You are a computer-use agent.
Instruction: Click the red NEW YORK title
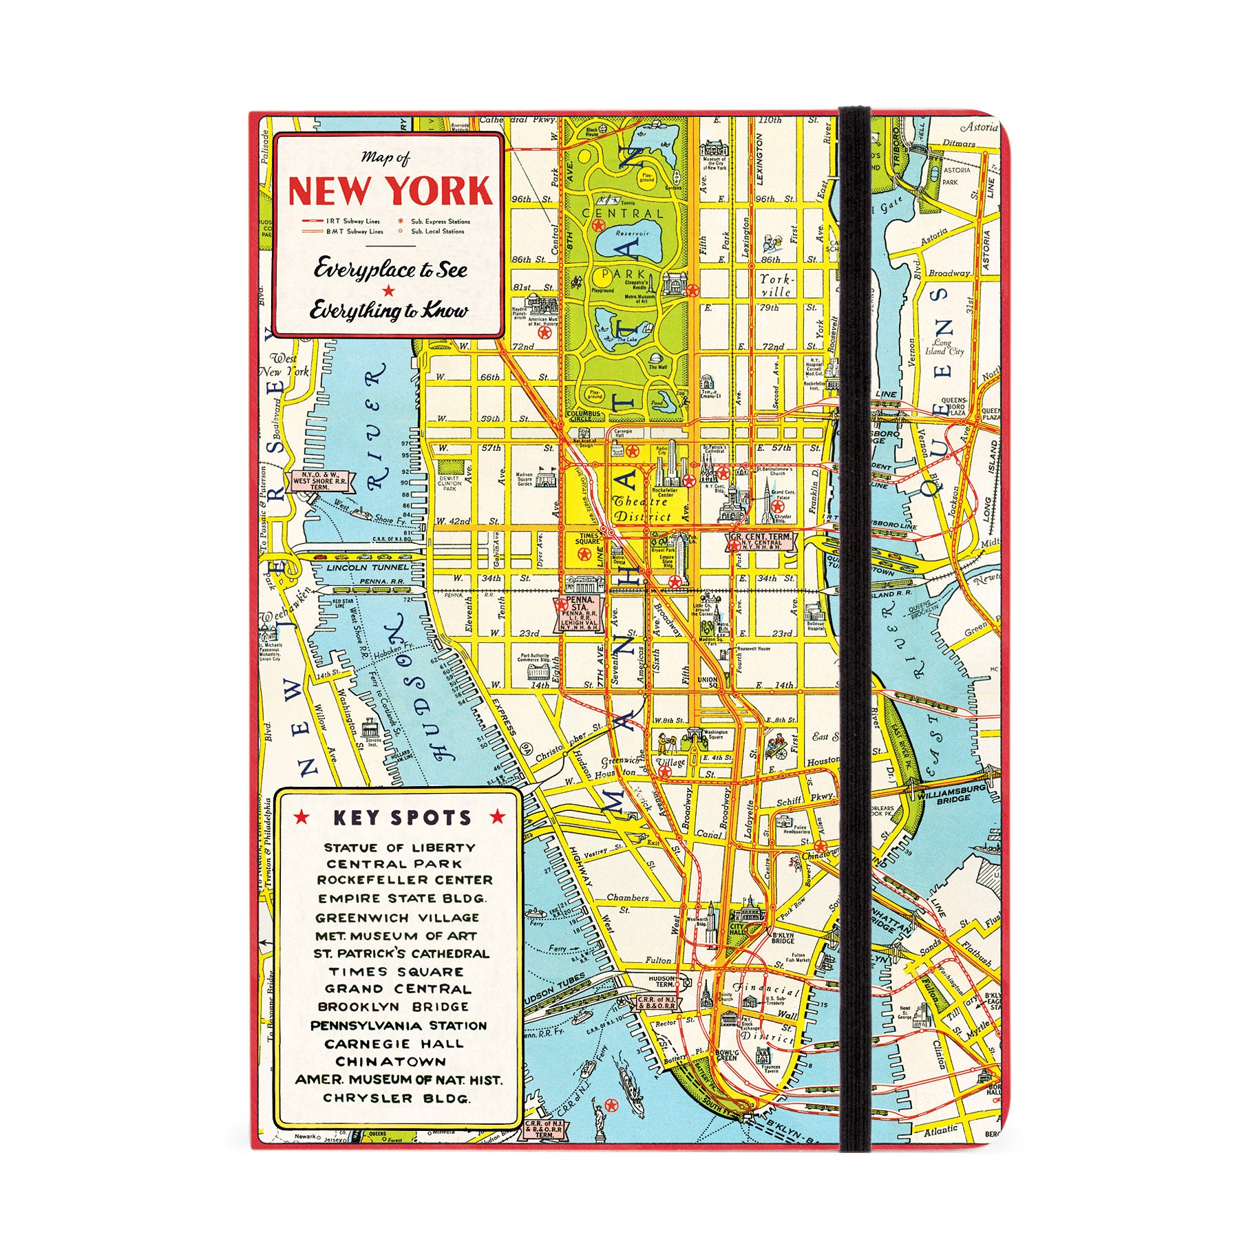[390, 191]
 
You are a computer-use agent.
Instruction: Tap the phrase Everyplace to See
[390, 269]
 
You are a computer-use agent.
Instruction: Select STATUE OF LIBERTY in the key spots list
[399, 848]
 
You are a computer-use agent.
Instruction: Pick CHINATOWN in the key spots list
[390, 1061]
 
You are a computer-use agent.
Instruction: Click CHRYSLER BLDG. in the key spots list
[397, 1098]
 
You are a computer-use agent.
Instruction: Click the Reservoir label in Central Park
[631, 234]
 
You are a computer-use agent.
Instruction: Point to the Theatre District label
[642, 509]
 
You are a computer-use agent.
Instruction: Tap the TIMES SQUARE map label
[589, 539]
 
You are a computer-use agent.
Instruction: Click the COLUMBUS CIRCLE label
[584, 415]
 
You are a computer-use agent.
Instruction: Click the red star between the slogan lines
[389, 290]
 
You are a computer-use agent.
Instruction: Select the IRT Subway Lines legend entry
[342, 222]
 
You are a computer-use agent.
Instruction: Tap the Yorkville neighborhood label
[776, 286]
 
